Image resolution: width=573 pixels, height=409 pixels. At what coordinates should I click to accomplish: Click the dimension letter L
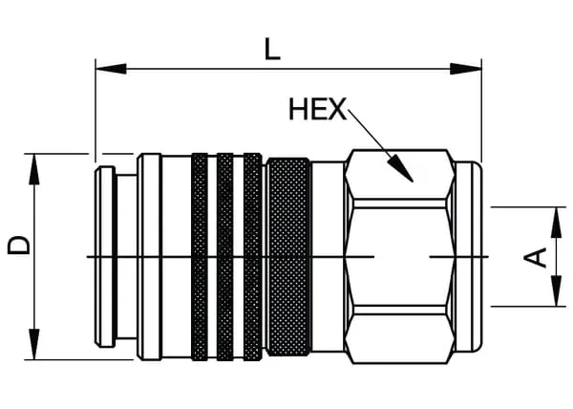[x=272, y=49]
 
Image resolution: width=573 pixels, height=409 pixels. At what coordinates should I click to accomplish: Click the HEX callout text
[x=318, y=109]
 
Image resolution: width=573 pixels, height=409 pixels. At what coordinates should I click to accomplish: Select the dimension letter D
[x=18, y=245]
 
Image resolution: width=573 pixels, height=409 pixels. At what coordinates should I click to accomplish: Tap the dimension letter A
[x=536, y=257]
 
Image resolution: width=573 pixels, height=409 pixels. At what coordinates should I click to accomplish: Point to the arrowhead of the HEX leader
[x=401, y=168]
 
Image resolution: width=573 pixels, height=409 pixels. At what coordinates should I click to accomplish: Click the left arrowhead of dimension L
[x=111, y=69]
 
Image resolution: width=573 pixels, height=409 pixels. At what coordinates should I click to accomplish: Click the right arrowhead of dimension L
[x=466, y=69]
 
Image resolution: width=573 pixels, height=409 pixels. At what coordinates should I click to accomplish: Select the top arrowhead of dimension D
[x=34, y=169]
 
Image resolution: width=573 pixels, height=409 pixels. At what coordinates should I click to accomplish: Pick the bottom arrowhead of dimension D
[x=34, y=344]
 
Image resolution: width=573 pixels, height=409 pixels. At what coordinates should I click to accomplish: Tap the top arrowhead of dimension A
[x=556, y=223]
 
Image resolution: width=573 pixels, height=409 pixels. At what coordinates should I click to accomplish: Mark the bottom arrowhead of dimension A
[x=556, y=291]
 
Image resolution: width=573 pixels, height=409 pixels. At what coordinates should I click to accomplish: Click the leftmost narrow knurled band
[x=200, y=257]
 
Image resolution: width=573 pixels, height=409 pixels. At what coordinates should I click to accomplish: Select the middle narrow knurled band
[x=225, y=257]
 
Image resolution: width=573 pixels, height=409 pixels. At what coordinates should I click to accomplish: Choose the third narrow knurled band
[x=252, y=257]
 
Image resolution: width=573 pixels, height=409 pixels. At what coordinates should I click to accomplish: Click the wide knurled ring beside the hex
[x=288, y=257]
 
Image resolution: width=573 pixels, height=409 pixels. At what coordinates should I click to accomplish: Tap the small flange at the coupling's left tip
[x=106, y=257]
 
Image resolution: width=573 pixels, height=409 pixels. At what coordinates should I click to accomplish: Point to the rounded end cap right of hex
[x=469, y=257]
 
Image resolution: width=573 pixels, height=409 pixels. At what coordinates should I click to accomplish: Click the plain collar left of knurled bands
[x=149, y=257]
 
